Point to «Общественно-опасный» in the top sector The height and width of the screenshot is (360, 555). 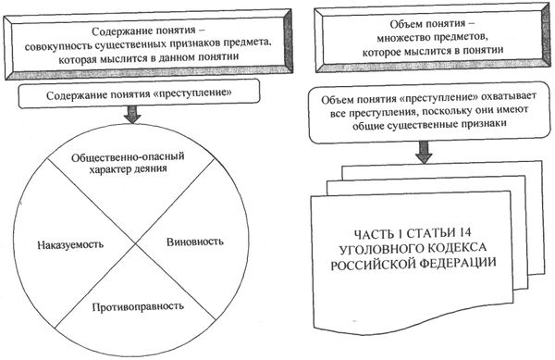pos(135,158)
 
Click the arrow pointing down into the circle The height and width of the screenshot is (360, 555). pos(135,116)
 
